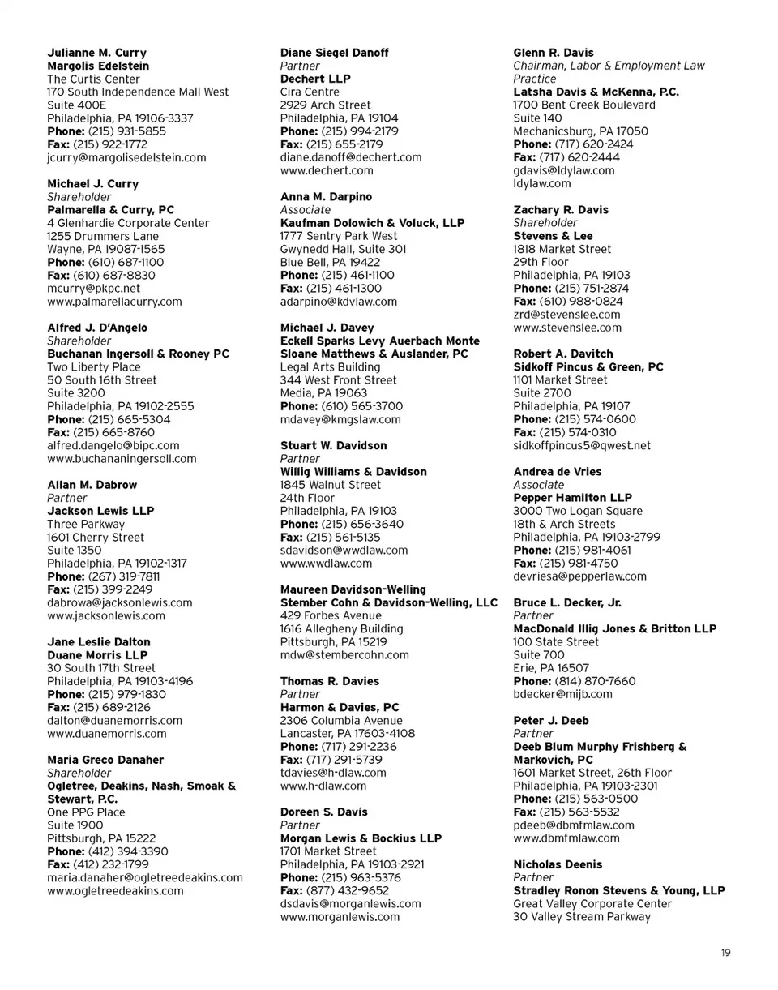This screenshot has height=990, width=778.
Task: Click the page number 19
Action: tap(725, 954)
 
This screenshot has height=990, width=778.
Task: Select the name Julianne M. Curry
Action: tap(96, 53)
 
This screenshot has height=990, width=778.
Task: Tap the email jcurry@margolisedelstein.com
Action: tap(126, 157)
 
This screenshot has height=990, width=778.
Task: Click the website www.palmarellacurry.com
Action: tap(114, 302)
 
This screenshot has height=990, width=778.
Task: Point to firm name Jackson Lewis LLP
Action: tap(100, 511)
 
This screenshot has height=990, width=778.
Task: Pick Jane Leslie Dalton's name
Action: tap(99, 642)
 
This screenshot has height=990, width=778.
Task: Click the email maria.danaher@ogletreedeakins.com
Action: tap(145, 877)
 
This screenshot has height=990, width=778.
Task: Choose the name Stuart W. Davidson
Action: tap(333, 446)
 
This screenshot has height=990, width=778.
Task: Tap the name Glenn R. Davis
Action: tap(554, 53)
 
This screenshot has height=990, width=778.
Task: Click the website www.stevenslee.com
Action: tap(567, 328)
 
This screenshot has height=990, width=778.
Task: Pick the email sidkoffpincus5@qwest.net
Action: tap(582, 445)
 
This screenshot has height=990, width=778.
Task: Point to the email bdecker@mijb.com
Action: tap(562, 694)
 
